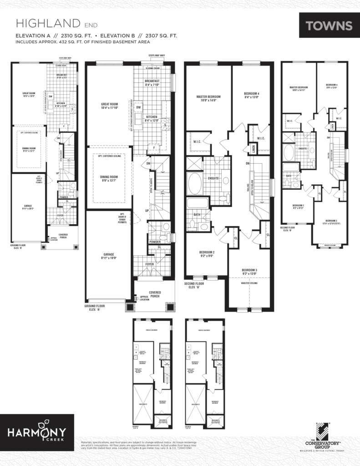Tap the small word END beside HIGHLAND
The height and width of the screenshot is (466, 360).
click(x=91, y=25)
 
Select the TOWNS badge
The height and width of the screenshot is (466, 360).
click(x=329, y=25)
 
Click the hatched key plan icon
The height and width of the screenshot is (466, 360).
click(x=322, y=431)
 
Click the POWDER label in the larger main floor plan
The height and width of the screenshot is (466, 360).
click(x=155, y=242)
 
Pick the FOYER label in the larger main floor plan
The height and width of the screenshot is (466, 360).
click(x=149, y=264)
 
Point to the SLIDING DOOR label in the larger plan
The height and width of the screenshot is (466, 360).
click(x=152, y=68)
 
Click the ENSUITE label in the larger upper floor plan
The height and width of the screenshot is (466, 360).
click(x=213, y=178)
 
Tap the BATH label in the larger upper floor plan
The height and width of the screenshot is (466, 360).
click(x=197, y=214)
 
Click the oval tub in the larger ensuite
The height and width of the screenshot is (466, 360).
click(x=193, y=183)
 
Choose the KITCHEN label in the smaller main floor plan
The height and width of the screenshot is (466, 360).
click(x=61, y=104)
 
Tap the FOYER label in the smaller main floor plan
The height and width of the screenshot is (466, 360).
click(x=60, y=215)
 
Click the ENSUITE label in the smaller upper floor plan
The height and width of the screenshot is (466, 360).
click(x=301, y=148)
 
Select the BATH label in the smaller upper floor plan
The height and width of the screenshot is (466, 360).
click(x=289, y=175)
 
